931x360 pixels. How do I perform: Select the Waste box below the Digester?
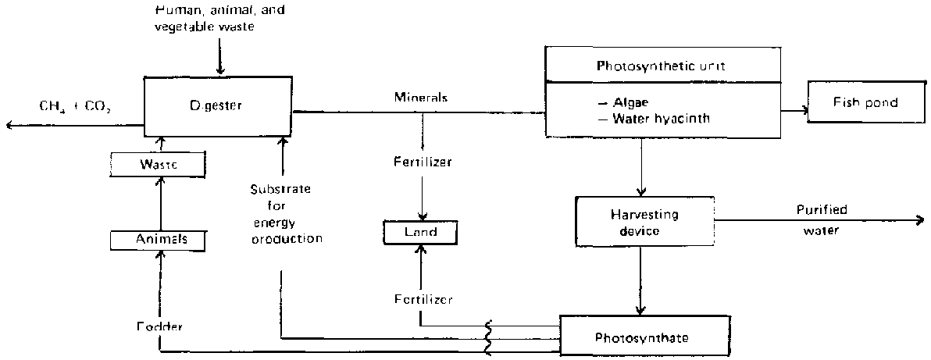[x=159, y=165]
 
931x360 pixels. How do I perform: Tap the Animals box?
[x=159, y=240]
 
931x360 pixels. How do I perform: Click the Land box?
[x=421, y=231]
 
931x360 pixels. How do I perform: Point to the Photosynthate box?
[x=645, y=338]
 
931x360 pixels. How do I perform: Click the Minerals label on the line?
[x=422, y=98]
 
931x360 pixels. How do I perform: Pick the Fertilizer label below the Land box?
[x=422, y=299]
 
